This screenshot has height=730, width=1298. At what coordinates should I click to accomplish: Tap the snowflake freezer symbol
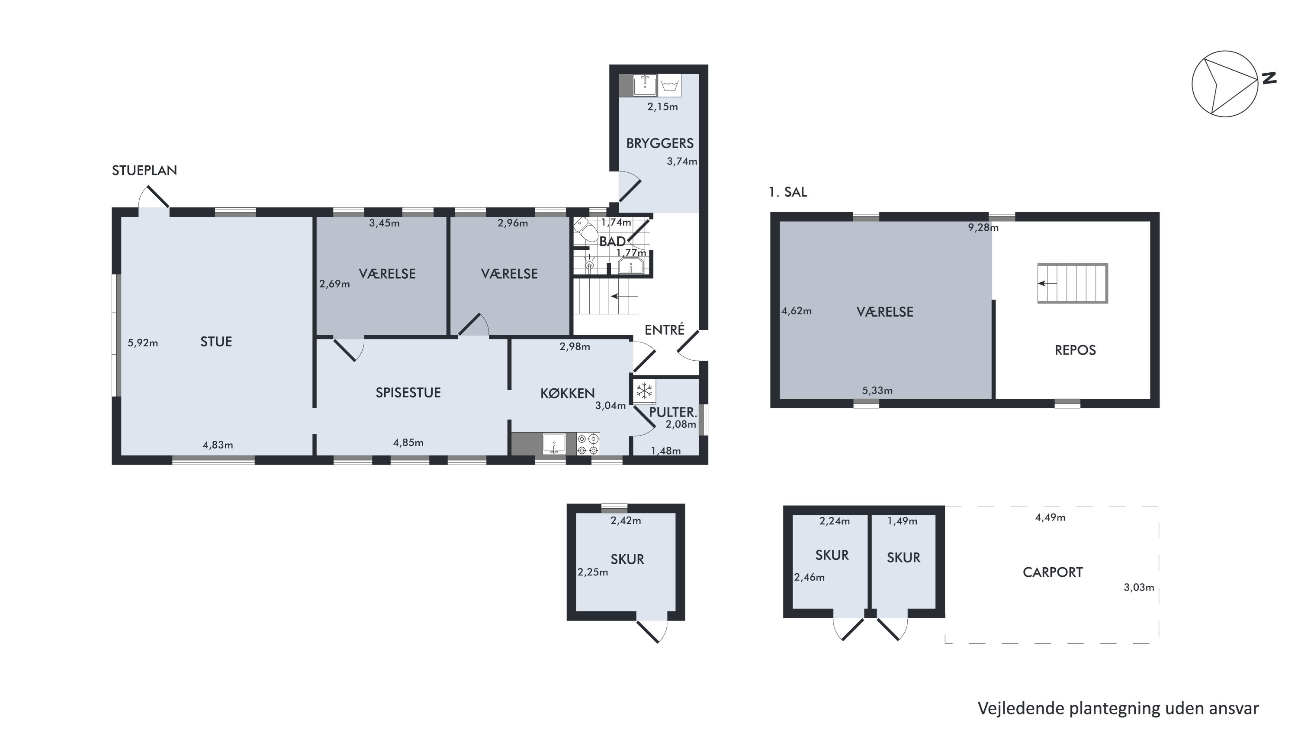click(x=644, y=391)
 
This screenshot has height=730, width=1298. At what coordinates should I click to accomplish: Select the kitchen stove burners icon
click(x=588, y=444)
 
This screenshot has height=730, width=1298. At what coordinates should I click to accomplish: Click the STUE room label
click(x=216, y=342)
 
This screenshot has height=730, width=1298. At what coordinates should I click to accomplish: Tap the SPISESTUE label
click(x=408, y=393)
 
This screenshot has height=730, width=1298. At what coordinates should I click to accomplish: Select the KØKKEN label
click(x=567, y=393)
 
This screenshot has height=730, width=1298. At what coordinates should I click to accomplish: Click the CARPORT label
click(x=1053, y=573)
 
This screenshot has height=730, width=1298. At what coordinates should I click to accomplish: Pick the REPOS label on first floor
click(x=1075, y=350)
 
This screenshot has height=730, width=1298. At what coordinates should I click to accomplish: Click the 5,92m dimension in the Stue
click(x=143, y=343)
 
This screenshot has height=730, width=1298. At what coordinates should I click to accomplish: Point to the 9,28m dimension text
click(x=983, y=228)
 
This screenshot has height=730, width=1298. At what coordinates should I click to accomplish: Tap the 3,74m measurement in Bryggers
click(x=682, y=162)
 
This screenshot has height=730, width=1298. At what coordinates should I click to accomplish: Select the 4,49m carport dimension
click(x=1050, y=518)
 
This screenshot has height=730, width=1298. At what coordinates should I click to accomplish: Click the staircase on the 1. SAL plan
click(x=1072, y=283)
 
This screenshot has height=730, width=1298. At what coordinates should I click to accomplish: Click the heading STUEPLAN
click(x=144, y=171)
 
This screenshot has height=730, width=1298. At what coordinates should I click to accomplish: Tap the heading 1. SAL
click(x=787, y=192)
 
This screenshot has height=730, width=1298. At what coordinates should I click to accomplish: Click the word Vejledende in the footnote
click(x=1022, y=708)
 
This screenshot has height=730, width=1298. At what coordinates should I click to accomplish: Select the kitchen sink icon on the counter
click(x=554, y=444)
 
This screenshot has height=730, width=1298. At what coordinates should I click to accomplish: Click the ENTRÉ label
click(x=665, y=329)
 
